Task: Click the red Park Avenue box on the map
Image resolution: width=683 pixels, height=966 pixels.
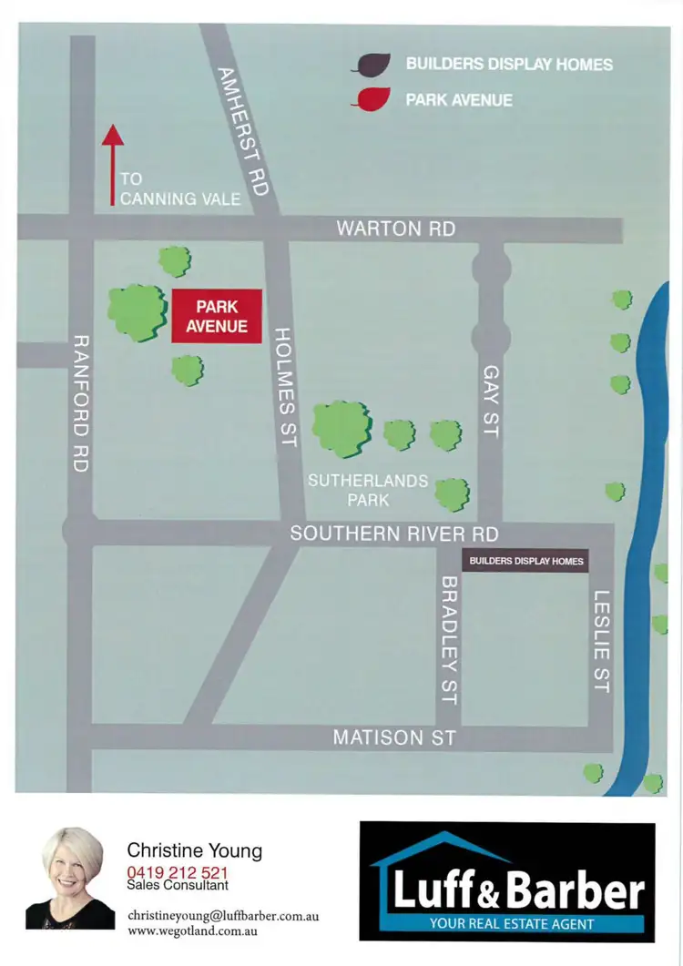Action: click(217, 316)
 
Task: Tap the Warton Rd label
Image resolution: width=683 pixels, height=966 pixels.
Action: click(395, 229)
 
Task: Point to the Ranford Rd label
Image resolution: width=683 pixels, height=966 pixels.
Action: click(80, 402)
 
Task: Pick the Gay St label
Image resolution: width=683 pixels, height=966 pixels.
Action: click(491, 401)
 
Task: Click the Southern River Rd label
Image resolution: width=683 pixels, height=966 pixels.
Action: click(393, 534)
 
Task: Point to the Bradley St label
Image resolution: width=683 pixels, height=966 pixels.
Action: click(447, 639)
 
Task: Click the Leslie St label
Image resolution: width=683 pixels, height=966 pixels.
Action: click(600, 641)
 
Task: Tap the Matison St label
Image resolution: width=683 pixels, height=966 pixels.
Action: click(393, 737)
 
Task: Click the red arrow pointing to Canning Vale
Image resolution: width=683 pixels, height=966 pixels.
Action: click(113, 165)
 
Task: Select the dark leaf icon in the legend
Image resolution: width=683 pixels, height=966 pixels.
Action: click(372, 65)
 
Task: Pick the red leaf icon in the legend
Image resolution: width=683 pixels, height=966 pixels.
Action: click(372, 98)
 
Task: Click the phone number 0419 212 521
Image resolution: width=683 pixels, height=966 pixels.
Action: click(178, 872)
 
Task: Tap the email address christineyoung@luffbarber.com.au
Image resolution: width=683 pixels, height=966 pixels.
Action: click(223, 915)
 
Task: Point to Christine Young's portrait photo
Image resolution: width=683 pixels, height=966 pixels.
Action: click(70, 880)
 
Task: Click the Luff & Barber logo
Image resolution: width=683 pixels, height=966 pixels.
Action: click(507, 881)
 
